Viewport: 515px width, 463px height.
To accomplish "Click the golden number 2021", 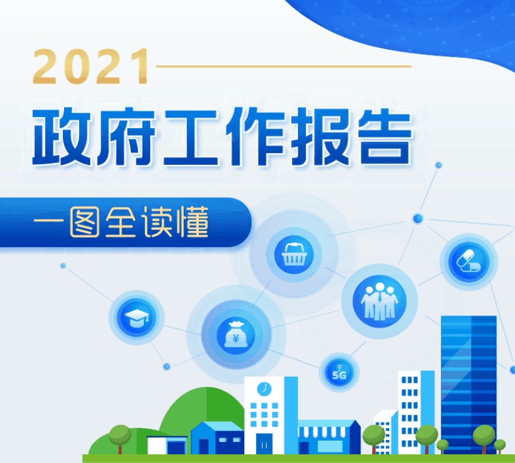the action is pos(91,67).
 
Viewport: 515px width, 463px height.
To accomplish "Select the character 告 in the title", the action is pos(385,137).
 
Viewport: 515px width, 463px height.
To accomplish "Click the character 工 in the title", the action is pos(191,138).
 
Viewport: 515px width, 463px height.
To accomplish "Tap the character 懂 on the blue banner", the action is pos(193,222).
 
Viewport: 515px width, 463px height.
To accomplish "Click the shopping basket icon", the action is pos(294,255).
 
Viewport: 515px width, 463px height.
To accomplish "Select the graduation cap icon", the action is pos(137,317).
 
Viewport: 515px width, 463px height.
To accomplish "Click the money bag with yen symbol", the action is pos(235,335).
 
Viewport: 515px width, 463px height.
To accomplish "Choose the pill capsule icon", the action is pos(469,261).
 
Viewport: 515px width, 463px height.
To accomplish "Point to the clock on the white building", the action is pos(264,388).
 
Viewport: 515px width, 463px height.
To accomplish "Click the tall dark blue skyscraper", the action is pos(469,385).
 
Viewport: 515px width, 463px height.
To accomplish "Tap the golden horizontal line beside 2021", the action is pos(284,67).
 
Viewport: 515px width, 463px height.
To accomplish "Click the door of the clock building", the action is pos(265,444).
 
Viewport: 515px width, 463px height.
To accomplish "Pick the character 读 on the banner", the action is pos(157,222).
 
